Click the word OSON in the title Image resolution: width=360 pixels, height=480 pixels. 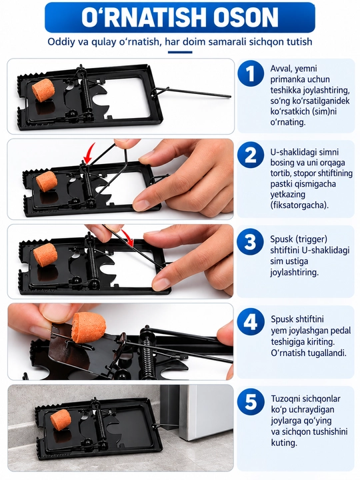click(246, 17)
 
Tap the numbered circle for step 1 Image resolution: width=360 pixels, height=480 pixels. click(251, 73)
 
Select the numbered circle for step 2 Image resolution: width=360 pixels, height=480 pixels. click(251, 155)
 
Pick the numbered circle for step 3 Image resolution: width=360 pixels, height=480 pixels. click(251, 242)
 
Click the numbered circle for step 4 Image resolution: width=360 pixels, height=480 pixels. click(251, 321)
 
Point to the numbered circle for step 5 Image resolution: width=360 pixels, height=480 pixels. click(251, 401)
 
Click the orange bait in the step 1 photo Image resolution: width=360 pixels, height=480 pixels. click(43, 89)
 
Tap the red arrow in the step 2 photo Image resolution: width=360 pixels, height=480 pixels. click(90, 153)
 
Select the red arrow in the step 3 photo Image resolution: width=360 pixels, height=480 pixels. click(127, 237)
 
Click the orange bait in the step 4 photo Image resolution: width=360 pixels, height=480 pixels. click(89, 327)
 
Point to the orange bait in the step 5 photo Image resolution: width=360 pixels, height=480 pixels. click(61, 419)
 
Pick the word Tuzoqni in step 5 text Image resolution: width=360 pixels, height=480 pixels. click(285, 399)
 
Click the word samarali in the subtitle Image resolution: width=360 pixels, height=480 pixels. click(227, 41)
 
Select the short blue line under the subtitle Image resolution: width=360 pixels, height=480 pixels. click(180, 52)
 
